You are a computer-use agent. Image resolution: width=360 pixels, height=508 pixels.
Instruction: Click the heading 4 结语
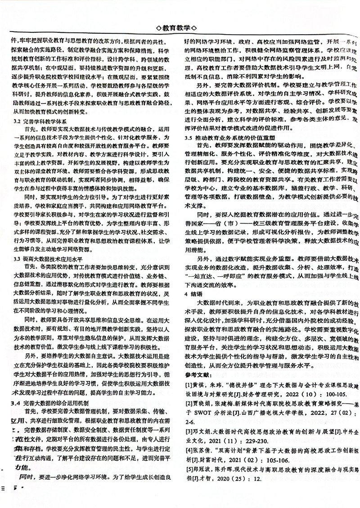click(194, 293)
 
